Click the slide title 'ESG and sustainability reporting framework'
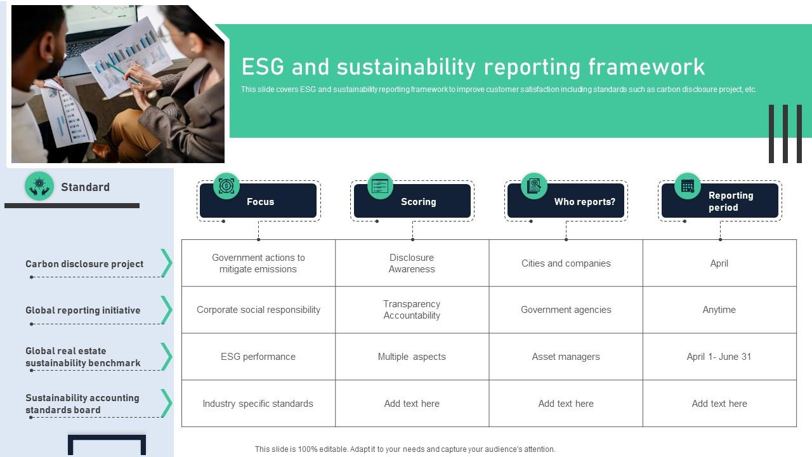pos(473,67)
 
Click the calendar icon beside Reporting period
pos(688,186)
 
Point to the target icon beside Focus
pos(226,186)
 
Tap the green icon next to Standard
pos(39,187)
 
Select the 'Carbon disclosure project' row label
pos(84,264)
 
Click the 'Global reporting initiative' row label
pos(83,310)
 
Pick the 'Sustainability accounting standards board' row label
pos(82,404)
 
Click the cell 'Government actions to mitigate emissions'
pos(258,263)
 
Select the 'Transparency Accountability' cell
pos(412,310)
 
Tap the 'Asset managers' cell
pos(566,357)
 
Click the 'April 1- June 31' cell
pos(719,357)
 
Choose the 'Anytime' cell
pos(719,310)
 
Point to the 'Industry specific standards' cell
pos(258,404)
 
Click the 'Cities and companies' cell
pos(566,263)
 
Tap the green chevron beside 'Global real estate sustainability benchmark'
pos(166,357)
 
